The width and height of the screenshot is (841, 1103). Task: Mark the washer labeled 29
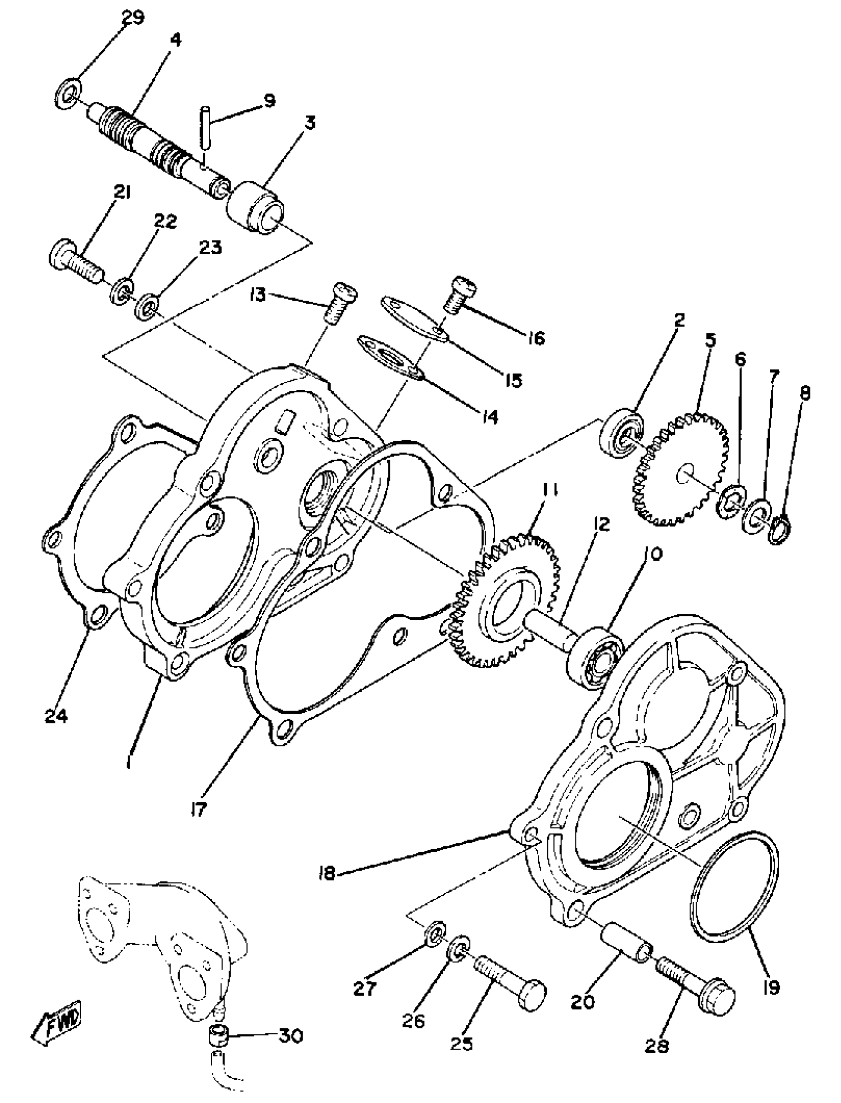[68, 92]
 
